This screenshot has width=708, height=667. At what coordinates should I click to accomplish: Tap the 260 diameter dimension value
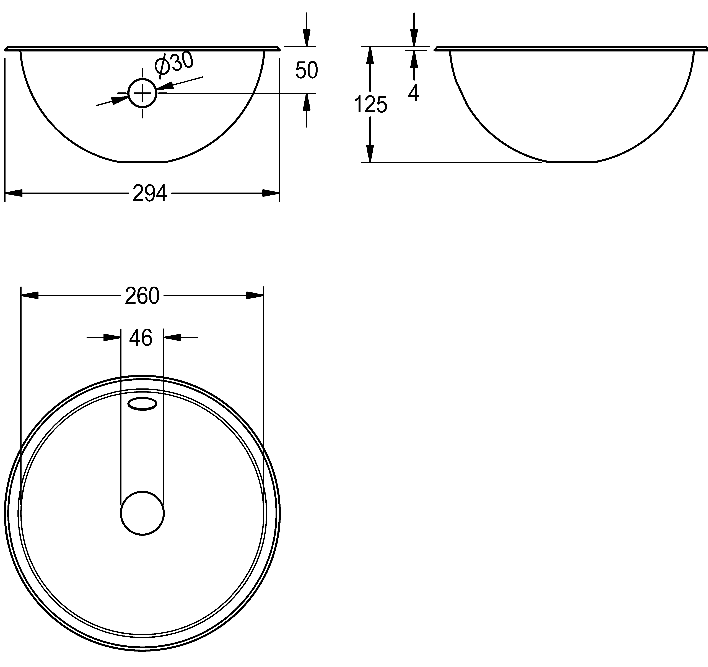pyautogui.click(x=142, y=296)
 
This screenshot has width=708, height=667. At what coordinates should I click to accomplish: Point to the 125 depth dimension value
pyautogui.click(x=370, y=105)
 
